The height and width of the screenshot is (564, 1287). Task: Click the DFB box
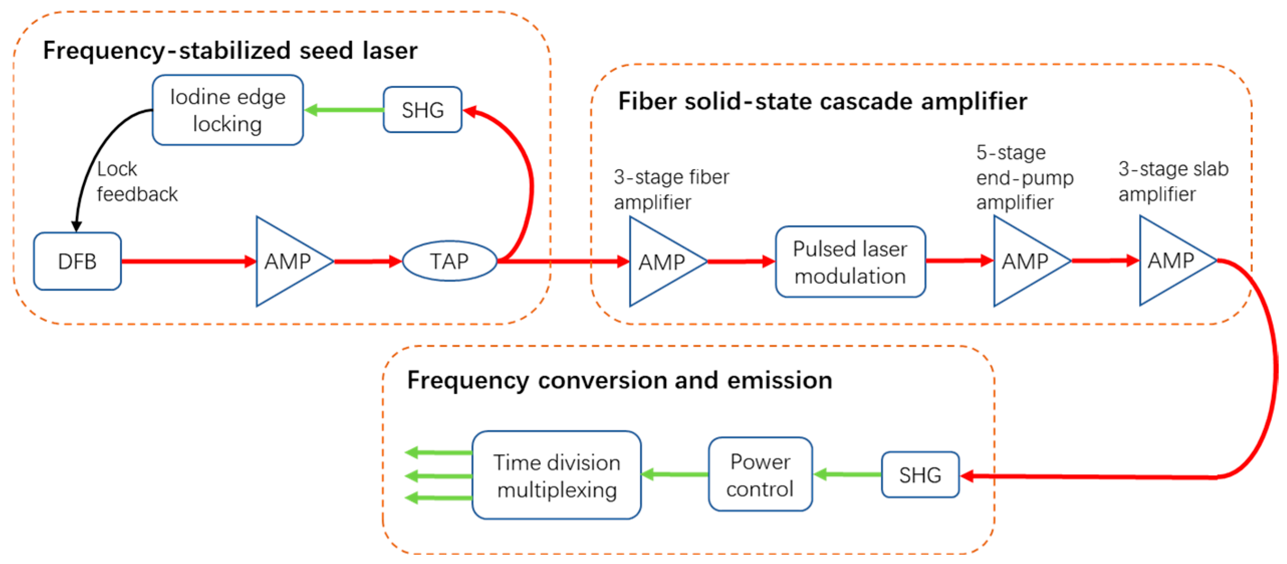[x=77, y=261]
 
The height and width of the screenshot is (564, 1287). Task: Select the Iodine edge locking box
[x=227, y=110]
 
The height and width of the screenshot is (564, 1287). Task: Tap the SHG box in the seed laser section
[x=422, y=110]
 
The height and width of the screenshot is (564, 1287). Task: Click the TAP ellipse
[x=449, y=261]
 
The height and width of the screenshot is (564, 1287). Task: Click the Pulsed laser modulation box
[x=850, y=261]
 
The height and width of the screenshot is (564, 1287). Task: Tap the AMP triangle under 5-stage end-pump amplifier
[x=1024, y=261]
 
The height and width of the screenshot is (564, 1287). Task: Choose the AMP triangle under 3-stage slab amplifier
[x=1170, y=260]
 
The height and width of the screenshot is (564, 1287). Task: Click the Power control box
[x=760, y=474]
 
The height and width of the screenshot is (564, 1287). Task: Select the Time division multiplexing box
[x=556, y=475]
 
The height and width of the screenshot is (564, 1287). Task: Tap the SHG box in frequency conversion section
[x=920, y=475]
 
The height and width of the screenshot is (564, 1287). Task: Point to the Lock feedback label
[x=137, y=182]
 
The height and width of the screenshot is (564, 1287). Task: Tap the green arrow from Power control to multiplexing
[x=675, y=474]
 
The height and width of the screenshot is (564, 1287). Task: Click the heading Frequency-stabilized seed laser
[x=230, y=51]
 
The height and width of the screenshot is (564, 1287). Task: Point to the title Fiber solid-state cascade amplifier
[x=822, y=101]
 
